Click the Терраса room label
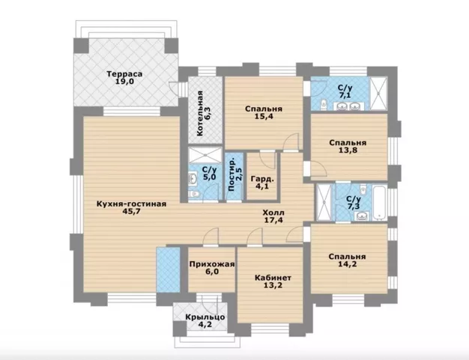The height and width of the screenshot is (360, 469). [x=124, y=74]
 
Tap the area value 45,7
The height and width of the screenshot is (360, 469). [x=132, y=211]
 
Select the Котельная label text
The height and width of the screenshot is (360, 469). [x=199, y=114]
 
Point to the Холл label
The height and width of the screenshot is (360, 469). [x=273, y=213]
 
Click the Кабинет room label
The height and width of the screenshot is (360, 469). [x=273, y=278]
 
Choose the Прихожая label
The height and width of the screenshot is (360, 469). [x=212, y=264]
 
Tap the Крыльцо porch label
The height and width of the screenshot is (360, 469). [x=205, y=317]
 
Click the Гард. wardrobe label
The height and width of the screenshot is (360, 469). [x=262, y=179]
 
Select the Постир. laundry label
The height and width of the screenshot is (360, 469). [x=232, y=174]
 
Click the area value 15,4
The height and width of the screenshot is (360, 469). [x=264, y=117]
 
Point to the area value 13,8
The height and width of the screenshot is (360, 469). [x=348, y=150]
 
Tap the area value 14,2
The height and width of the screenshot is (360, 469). [x=348, y=264]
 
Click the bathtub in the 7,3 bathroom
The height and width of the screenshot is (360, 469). [x=380, y=203]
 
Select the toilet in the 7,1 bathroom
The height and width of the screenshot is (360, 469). [x=324, y=105]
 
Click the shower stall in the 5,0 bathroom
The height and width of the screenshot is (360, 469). [x=205, y=156]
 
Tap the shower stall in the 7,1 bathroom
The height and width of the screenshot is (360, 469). [x=378, y=94]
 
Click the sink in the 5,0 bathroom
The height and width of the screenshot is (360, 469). [x=193, y=179]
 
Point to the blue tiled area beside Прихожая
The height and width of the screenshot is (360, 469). [x=169, y=269]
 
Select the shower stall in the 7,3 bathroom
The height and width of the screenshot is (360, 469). [x=324, y=203]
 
